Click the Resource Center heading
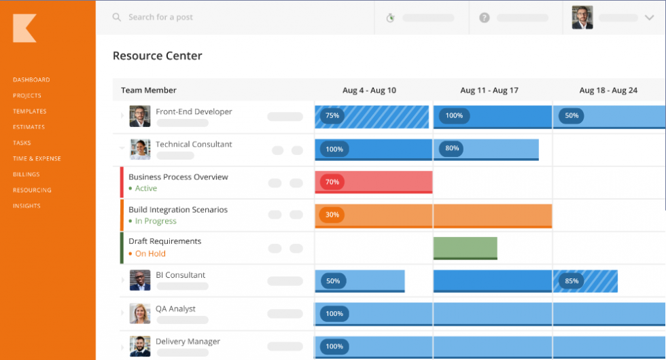coord(157,56)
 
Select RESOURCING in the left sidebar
coord(32,190)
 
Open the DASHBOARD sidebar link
coord(31,79)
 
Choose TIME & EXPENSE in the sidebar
coord(37,158)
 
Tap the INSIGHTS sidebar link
coord(27,206)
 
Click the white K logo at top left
coord(24,29)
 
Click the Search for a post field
coord(160,18)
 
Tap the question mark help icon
coord(484,18)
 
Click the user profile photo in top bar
coord(582,18)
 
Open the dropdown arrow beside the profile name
coord(648,18)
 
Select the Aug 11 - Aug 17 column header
coord(489,90)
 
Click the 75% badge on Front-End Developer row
coord(332,115)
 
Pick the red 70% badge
coord(332,182)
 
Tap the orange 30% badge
coord(332,215)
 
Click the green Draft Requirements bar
coord(465,247)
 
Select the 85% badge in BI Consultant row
coord(572,281)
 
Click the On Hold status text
coord(150,253)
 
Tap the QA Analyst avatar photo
coord(140,313)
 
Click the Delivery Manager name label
coord(188,342)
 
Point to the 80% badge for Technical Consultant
coord(451,148)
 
